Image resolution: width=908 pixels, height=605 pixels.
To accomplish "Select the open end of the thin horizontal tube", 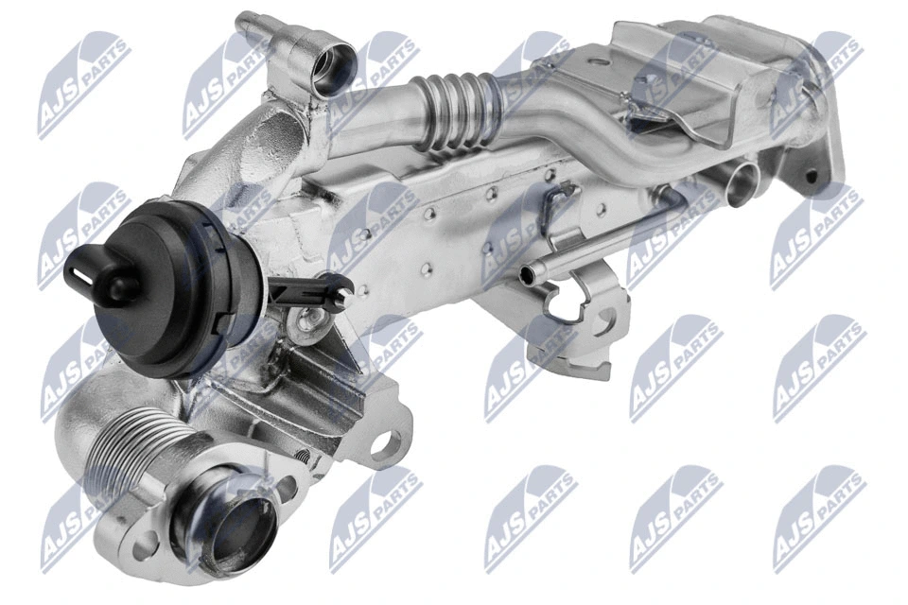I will click(527, 274).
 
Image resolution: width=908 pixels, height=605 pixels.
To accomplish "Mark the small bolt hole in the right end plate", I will click(811, 176).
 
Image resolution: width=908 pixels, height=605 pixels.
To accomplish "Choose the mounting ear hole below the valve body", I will click(389, 443).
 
